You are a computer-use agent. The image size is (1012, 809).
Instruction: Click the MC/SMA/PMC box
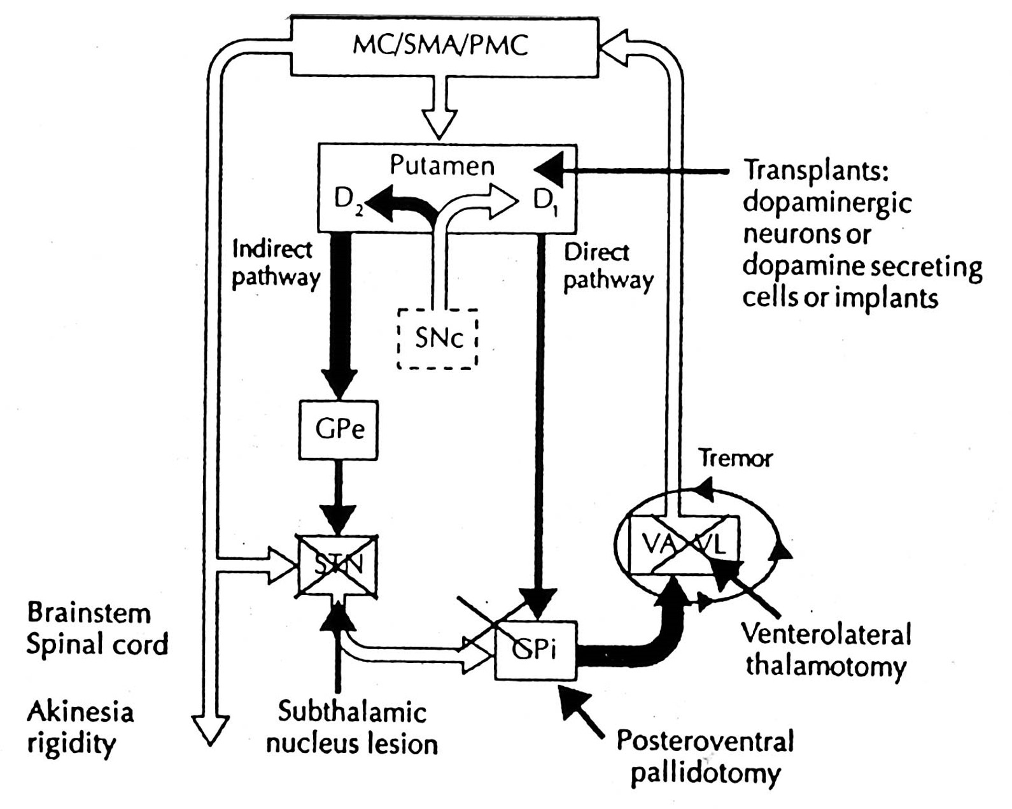444,46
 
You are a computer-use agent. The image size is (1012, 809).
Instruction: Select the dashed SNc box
437,338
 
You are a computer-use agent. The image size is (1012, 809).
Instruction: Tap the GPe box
339,430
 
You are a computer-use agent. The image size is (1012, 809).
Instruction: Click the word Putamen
442,166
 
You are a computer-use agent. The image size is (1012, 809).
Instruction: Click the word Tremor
734,458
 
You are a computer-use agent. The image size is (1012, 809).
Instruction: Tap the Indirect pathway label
274,263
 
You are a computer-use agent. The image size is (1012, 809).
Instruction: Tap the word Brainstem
89,613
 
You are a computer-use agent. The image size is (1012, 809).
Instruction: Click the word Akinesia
80,712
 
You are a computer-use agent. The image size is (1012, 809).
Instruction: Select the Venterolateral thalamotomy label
826,650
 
